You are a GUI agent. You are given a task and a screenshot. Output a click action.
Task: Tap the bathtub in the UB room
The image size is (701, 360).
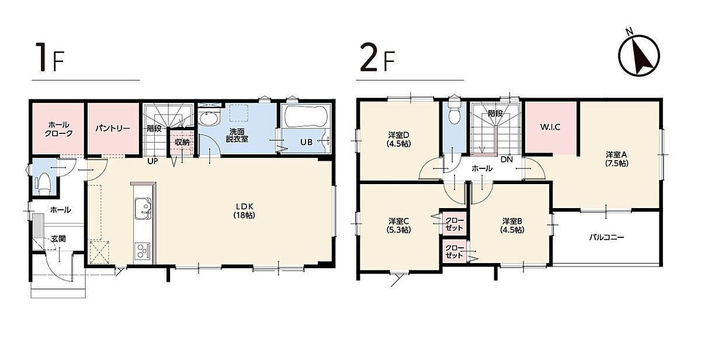tap(305, 116)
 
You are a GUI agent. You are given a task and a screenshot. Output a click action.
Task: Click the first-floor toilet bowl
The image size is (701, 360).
tap(44, 184)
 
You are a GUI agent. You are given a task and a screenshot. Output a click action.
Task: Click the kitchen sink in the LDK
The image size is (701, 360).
tap(143, 208)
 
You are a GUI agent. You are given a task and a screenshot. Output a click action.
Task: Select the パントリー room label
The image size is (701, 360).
tap(113, 129)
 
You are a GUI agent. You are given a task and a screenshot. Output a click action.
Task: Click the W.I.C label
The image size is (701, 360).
tap(550, 127)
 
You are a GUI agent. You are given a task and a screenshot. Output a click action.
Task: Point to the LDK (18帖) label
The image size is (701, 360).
tap(244, 210)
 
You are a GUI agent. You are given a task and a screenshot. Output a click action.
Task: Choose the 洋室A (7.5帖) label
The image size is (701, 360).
tap(617, 159)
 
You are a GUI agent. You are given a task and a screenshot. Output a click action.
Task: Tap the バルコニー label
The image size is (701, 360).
tap(607, 237)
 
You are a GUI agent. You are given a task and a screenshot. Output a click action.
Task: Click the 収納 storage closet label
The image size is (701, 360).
tap(182, 142)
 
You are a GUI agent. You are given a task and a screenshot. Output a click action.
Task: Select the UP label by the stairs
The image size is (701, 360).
tap(152, 161)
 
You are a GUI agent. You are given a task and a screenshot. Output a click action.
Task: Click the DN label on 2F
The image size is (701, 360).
tap(506, 160)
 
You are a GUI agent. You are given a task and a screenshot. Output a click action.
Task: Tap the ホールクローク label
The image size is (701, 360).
tap(59, 129)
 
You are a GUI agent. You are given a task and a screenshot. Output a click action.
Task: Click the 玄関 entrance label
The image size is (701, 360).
tap(58, 239)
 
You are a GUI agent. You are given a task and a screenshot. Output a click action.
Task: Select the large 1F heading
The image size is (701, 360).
tap(50, 57)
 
